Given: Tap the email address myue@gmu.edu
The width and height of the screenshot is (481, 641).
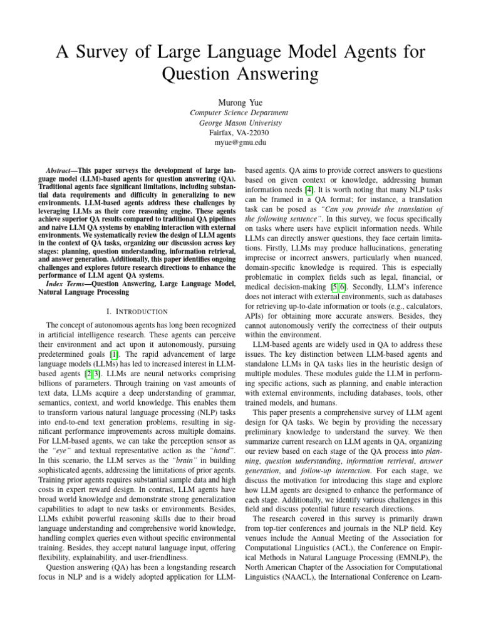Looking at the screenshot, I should (240, 143).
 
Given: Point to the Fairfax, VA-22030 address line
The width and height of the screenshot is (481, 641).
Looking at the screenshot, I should (240, 133).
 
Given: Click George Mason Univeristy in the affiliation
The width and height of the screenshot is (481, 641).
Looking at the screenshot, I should (240, 123).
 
